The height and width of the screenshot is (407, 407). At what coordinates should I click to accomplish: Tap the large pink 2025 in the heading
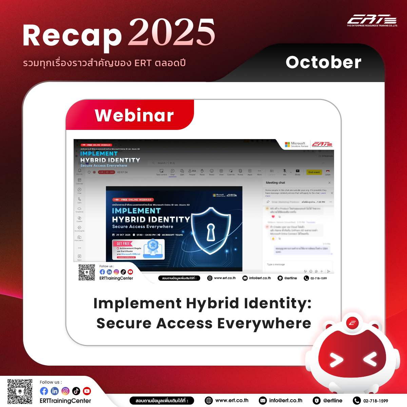172,33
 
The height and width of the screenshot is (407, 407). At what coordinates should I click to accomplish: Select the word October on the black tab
324,62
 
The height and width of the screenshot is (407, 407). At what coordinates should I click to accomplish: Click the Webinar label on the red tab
134,115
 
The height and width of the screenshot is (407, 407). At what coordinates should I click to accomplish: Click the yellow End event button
314,172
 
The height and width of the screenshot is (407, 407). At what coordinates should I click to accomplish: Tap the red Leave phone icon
328,171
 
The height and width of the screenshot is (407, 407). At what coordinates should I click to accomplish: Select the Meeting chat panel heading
275,182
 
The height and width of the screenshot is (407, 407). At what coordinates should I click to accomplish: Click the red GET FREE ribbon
123,244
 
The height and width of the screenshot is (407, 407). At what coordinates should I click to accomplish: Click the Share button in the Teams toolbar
297,172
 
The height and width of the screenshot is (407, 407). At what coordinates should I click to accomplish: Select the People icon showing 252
192,172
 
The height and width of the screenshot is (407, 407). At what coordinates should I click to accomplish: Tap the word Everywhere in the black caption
264,323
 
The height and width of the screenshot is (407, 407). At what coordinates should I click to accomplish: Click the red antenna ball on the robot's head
352,323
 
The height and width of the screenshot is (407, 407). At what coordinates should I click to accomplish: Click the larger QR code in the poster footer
20,391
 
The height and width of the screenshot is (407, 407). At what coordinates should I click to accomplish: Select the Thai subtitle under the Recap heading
104,63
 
